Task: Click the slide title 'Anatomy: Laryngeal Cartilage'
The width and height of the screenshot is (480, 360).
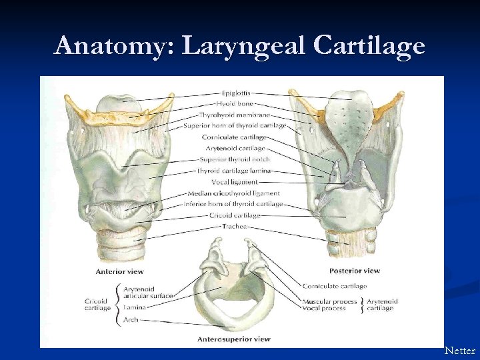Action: (x=240, y=46)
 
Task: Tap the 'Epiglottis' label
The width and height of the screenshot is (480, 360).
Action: (x=236, y=93)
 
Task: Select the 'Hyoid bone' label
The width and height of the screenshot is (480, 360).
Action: (x=234, y=104)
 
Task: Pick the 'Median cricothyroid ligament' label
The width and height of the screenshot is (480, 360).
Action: (x=234, y=193)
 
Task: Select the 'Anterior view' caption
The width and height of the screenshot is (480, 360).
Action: (x=119, y=272)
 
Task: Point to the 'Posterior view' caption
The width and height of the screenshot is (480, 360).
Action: (x=355, y=271)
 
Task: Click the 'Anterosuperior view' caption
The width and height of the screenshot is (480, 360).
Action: (x=234, y=339)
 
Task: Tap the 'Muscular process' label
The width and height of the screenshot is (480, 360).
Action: (x=329, y=301)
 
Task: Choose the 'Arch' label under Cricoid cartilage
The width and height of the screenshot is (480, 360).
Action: (x=131, y=320)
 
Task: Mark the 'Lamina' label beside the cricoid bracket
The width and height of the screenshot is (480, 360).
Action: (x=135, y=307)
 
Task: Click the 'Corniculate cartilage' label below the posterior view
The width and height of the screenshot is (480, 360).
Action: (x=335, y=286)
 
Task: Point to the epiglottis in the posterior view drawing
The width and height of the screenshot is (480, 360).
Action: (x=350, y=113)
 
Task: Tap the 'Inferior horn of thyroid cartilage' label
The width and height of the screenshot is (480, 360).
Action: (x=234, y=204)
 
